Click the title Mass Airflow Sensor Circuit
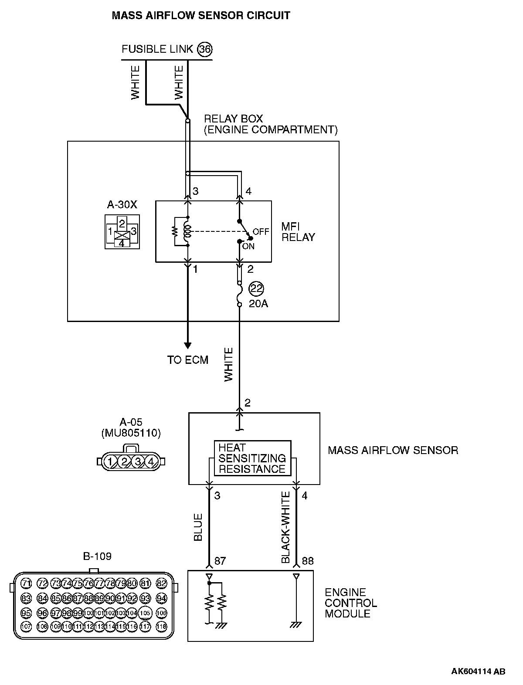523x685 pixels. click(x=201, y=16)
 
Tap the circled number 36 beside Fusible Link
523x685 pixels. click(x=205, y=49)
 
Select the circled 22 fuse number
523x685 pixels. click(x=257, y=288)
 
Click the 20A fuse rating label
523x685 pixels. click(x=258, y=304)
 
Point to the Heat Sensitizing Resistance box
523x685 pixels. click(x=252, y=458)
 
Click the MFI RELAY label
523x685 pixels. click(x=298, y=232)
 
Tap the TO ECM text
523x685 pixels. click(x=188, y=360)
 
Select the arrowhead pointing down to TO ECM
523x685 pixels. click(x=188, y=346)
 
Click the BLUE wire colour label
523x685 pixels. click(x=198, y=527)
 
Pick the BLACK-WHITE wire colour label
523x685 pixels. click(x=286, y=527)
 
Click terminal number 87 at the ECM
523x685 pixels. click(x=220, y=561)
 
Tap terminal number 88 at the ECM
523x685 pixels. click(x=308, y=561)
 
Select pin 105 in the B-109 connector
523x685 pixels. click(x=146, y=613)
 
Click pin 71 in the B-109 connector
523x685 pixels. click(x=27, y=583)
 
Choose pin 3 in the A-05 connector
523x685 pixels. click(x=138, y=461)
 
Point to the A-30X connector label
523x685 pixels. click(x=122, y=205)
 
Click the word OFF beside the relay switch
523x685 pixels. click(x=261, y=232)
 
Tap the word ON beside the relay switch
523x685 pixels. click(x=248, y=246)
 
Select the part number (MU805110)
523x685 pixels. click(x=131, y=433)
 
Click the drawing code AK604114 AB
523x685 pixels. click(x=478, y=671)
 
